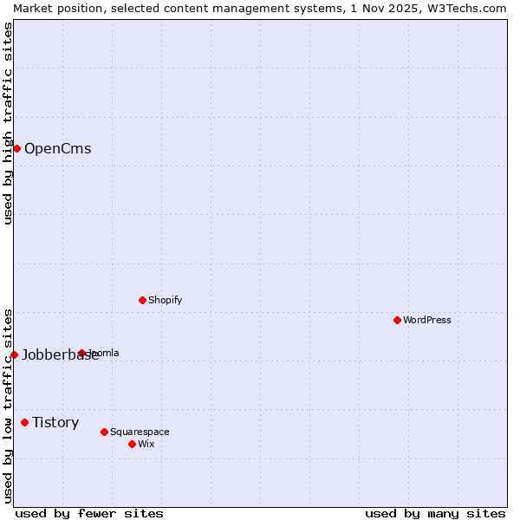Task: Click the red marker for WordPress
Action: (398, 320)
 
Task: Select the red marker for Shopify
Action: (143, 300)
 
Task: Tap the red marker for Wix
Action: (133, 444)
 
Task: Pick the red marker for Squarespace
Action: (105, 432)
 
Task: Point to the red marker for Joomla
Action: (82, 353)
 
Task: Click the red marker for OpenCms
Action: (16, 148)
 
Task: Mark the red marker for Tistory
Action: (25, 422)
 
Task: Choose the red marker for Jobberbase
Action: (14, 354)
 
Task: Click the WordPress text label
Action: (427, 320)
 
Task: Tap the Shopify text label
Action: (165, 300)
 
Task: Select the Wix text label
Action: (146, 444)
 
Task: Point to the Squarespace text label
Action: (140, 432)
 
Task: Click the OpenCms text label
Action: (57, 148)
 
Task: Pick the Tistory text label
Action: (55, 422)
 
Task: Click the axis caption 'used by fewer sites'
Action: (89, 514)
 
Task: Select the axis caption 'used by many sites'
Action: (435, 514)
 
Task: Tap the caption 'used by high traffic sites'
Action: (8, 123)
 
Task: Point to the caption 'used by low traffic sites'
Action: (8, 406)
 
